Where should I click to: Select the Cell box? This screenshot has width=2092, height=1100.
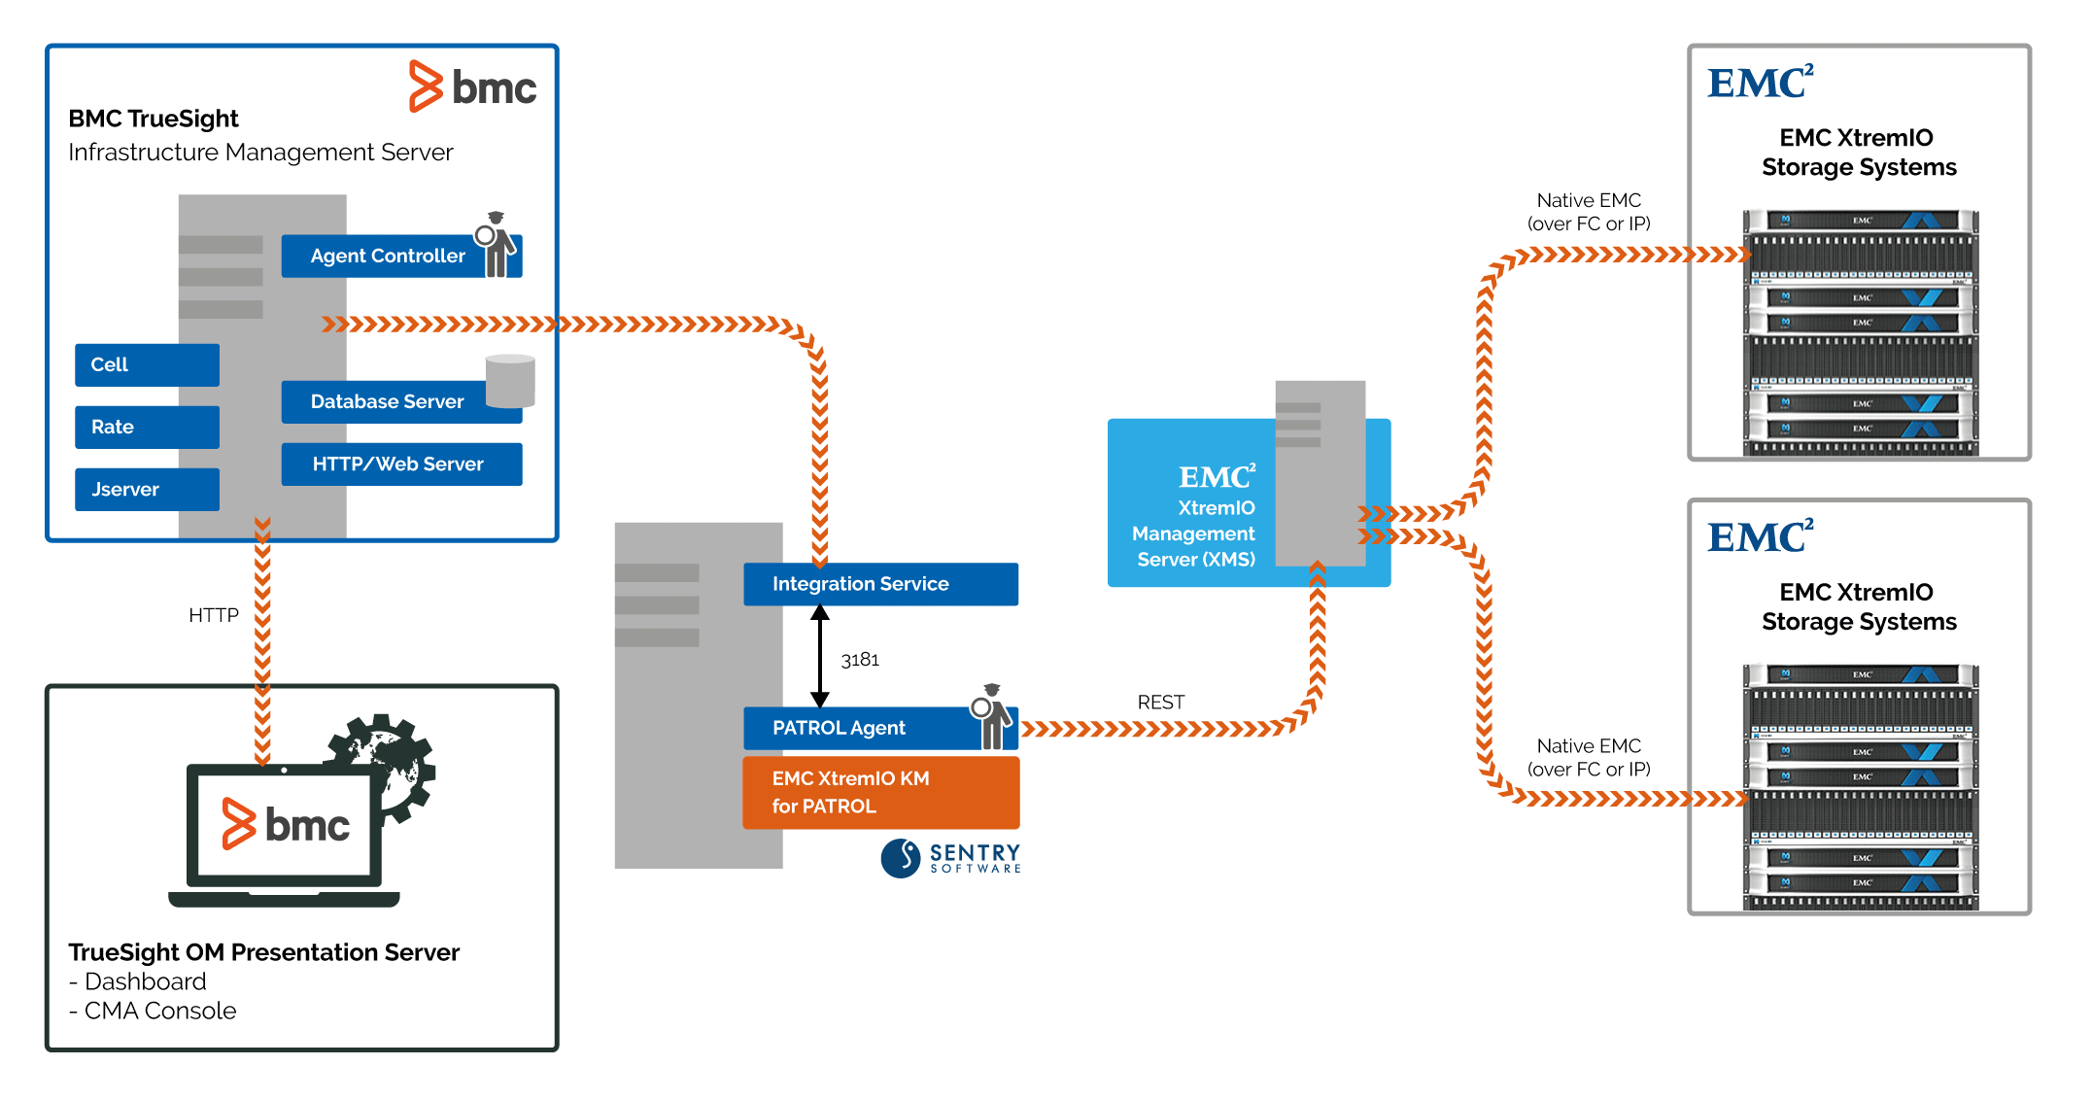[147, 364]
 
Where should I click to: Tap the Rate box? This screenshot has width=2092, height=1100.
[147, 427]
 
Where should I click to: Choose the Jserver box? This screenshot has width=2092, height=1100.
[147, 489]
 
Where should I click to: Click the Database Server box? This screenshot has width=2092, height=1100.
[387, 401]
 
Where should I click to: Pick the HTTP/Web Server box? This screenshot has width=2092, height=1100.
[400, 464]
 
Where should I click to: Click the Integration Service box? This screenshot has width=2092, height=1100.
[879, 584]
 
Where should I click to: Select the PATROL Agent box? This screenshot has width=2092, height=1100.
[855, 728]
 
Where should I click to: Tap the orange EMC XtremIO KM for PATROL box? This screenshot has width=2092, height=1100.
[879, 792]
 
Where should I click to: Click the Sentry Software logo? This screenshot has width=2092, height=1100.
[950, 858]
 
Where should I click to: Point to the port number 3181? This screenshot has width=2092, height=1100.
[860, 660]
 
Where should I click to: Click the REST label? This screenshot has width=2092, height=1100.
[1160, 702]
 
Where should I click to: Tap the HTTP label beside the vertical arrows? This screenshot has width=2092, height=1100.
[213, 615]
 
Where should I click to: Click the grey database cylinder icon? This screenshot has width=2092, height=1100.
[510, 381]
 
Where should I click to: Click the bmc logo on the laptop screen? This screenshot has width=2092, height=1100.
[286, 825]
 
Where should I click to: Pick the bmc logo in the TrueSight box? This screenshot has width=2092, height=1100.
[473, 87]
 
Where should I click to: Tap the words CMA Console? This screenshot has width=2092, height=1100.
[159, 1011]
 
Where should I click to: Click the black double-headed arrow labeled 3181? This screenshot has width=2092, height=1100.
[819, 656]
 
